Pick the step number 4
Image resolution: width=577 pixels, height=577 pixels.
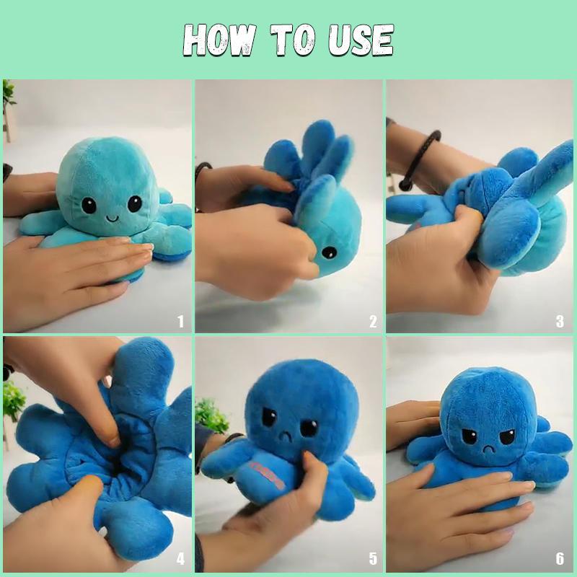180,558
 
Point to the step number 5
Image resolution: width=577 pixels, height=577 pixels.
372,558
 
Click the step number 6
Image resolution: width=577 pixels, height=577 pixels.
560,558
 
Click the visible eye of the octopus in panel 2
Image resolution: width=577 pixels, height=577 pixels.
328,252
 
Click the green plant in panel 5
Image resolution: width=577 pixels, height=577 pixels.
211,415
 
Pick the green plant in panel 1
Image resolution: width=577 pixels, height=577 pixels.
9,94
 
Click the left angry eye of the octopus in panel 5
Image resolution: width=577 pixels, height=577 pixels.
270,418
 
